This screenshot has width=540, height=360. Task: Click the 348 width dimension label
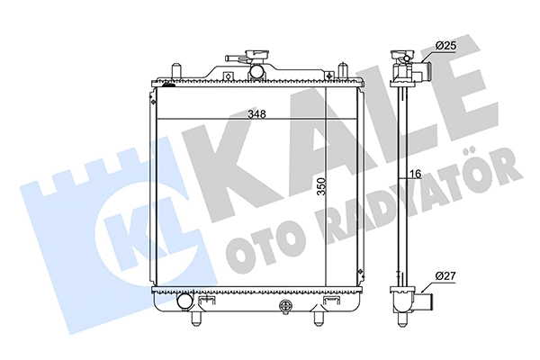coord(258,114)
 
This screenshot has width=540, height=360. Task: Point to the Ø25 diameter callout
coord(447,45)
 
